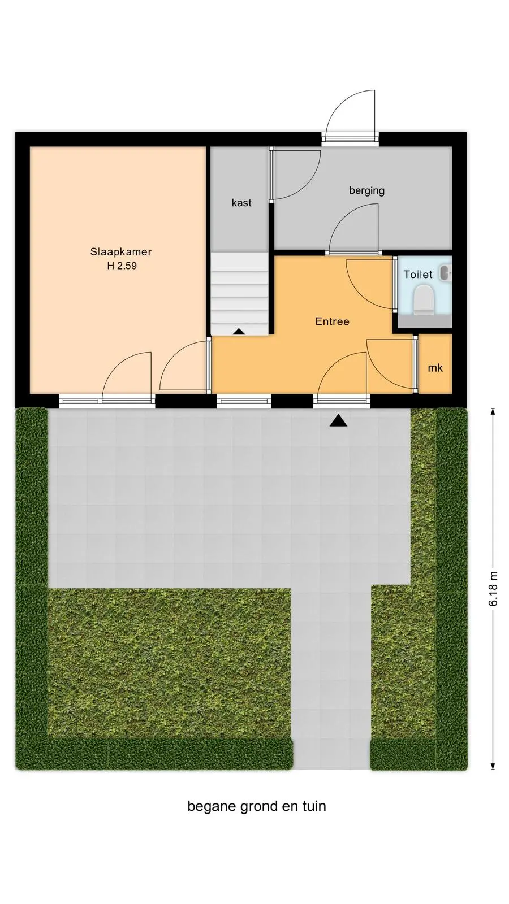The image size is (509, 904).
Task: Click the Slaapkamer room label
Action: pyautogui.click(x=121, y=252)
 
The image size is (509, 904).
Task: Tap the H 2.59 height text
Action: pyautogui.click(x=122, y=266)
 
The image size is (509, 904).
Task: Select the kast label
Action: pyautogui.click(x=241, y=203)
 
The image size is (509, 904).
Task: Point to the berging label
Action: pyautogui.click(x=367, y=190)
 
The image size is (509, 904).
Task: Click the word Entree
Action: pyautogui.click(x=332, y=321)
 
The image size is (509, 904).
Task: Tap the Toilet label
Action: pyautogui.click(x=418, y=275)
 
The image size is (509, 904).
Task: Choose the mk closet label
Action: pyautogui.click(x=435, y=368)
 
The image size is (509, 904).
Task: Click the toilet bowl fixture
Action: pyautogui.click(x=424, y=299)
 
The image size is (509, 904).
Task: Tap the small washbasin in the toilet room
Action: pyautogui.click(x=445, y=273)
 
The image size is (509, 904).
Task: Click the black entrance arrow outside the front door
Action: pyautogui.click(x=338, y=421)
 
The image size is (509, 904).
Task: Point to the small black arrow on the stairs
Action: pyautogui.click(x=239, y=331)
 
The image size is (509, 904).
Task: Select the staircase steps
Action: pyautogui.click(x=240, y=293)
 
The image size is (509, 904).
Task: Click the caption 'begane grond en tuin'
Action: pyautogui.click(x=257, y=806)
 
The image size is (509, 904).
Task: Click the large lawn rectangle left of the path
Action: pyautogui.click(x=169, y=663)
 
